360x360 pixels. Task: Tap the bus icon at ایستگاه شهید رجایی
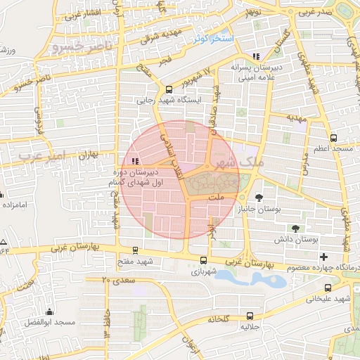[x=168, y=89]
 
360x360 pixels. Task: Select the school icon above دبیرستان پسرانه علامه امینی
[x=257, y=56]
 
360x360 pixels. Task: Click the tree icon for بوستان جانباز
[x=259, y=198]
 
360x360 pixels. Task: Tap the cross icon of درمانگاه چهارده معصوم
[x=323, y=257]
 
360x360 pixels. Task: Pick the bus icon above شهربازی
[x=203, y=259]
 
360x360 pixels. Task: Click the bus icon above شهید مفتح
[x=135, y=250]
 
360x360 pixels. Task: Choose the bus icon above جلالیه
[x=251, y=316]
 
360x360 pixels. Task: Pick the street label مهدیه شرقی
[x=157, y=36]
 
